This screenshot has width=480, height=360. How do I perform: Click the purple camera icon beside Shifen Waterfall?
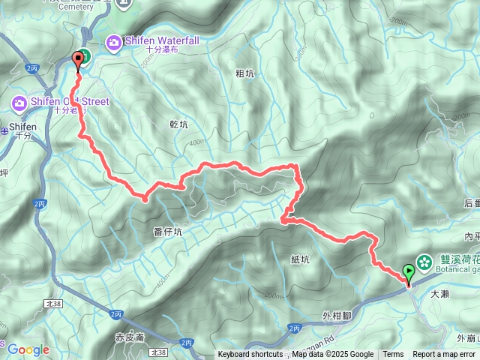point(114,42)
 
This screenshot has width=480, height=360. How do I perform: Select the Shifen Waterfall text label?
point(162,41)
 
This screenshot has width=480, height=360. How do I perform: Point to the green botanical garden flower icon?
point(424,262)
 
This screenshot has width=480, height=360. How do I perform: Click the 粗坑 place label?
point(244,73)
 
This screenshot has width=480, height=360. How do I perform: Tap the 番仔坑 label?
point(166,232)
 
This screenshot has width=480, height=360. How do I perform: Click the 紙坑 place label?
point(299,259)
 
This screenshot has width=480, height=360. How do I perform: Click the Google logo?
point(28,349)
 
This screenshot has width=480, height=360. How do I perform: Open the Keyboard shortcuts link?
point(250,355)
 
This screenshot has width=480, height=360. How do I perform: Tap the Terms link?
point(393,355)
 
